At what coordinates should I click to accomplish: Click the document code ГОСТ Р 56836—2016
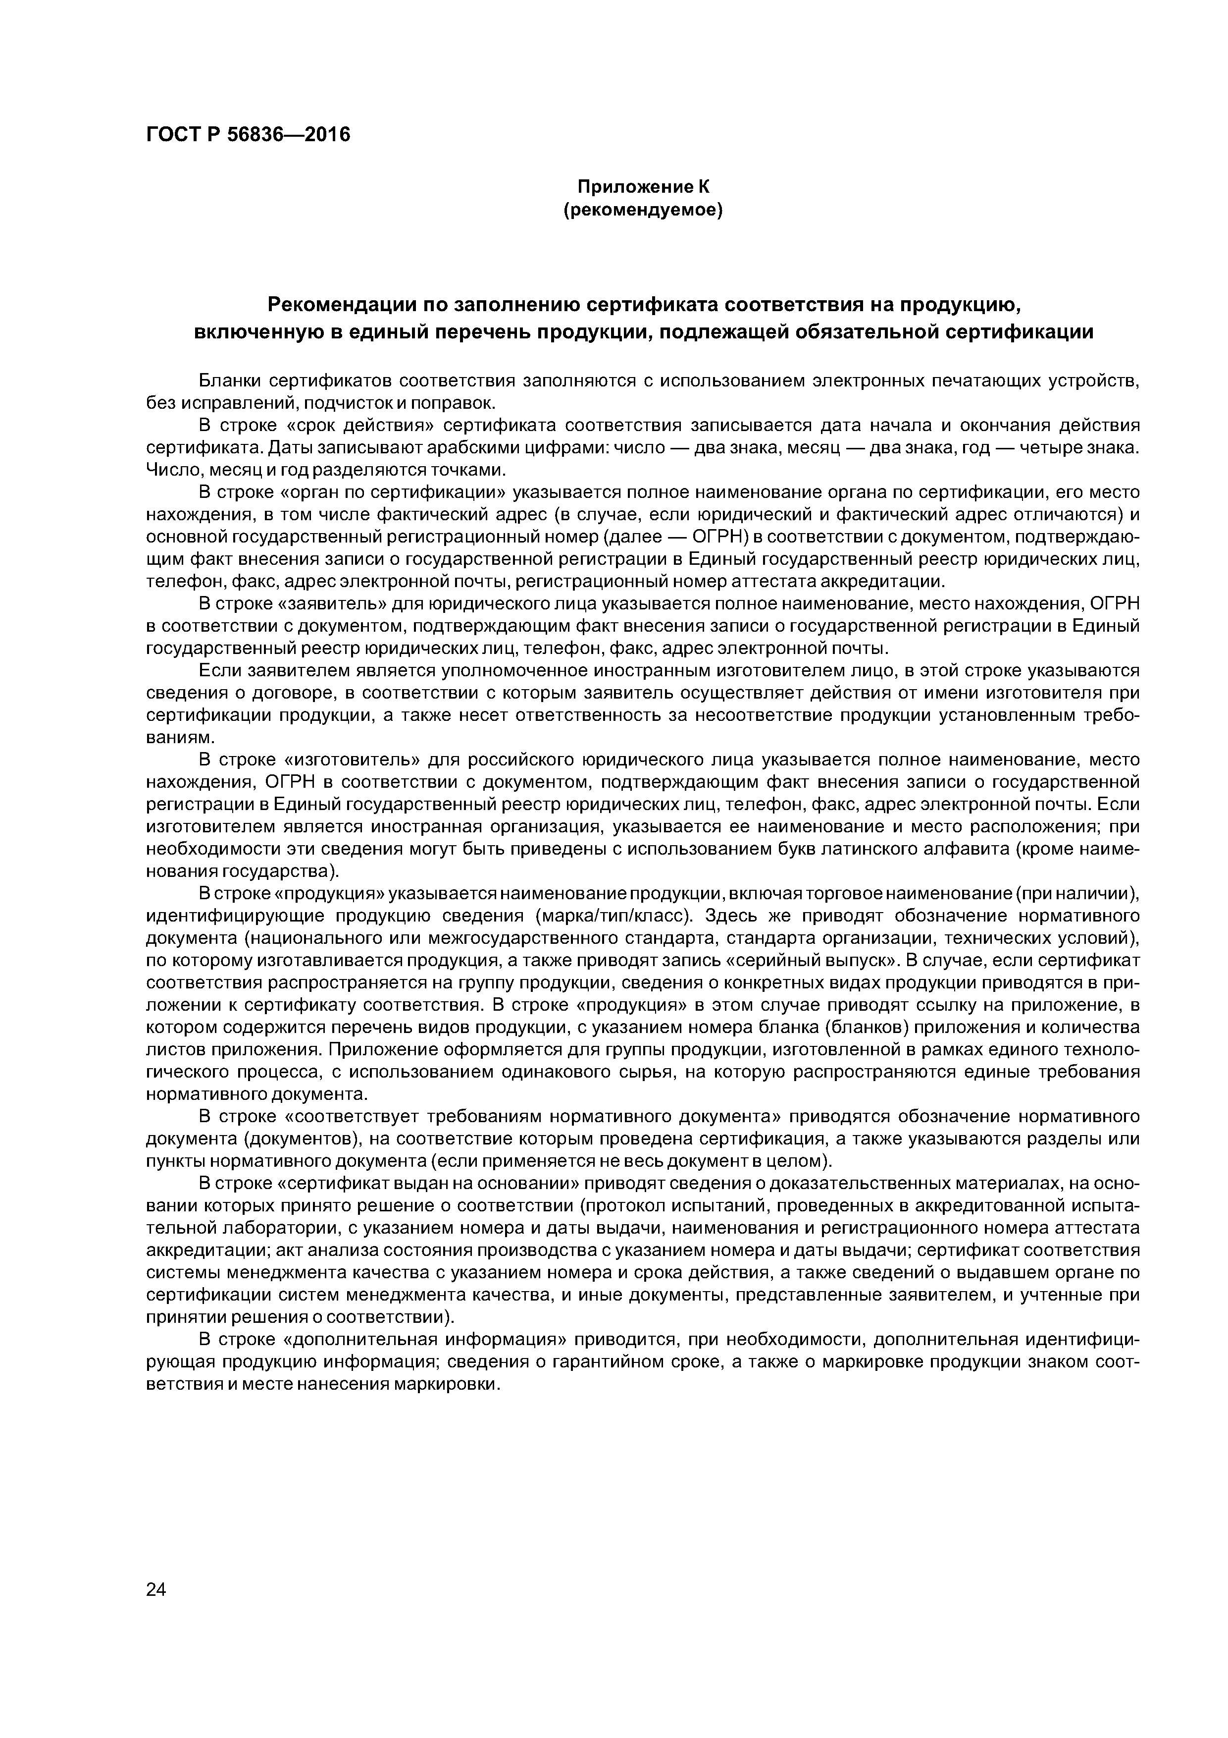point(248,135)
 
